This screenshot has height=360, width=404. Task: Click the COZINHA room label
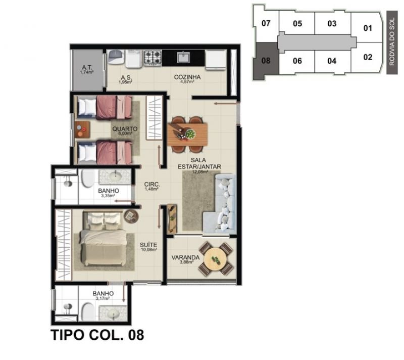pos(187,77)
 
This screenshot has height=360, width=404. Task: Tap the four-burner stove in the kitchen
pos(153,58)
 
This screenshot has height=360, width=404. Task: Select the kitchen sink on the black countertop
pos(183,57)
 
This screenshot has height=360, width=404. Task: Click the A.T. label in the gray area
pos(87,68)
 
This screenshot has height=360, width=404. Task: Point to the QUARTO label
pos(125,129)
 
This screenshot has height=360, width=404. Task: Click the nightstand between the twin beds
pos(82,130)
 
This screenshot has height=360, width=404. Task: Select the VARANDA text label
pos(185,257)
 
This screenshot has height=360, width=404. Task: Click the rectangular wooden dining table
pos(187,134)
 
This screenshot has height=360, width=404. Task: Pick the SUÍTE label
pos(148,245)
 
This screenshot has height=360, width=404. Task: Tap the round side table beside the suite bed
pos(131,216)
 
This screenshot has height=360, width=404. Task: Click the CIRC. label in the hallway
pos(152,185)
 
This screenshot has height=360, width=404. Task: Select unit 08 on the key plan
pos(266,61)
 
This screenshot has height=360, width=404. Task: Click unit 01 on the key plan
pos(368,28)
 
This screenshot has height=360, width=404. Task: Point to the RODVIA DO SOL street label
pos(392,42)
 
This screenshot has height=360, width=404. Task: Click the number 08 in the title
pos(136,335)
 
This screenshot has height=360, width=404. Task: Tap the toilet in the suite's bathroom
pos(89,311)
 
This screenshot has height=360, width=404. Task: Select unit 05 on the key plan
pos(297,23)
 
